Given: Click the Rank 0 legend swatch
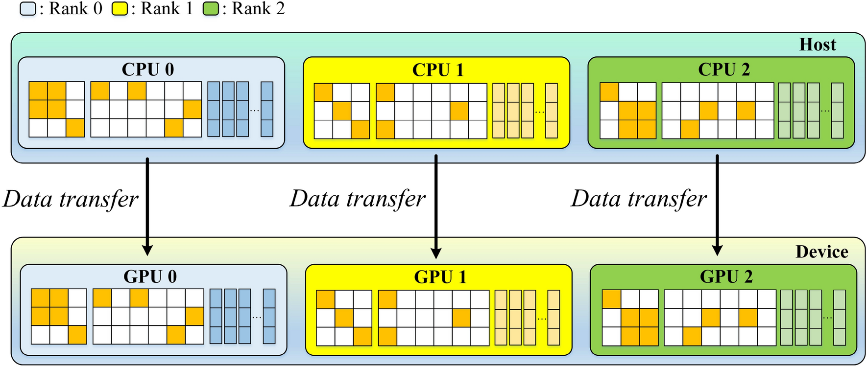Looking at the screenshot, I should pos(28,9).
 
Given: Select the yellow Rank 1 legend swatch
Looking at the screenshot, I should pos(120,9).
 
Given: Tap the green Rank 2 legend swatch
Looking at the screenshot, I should pos(211,9).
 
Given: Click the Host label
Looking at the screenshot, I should pos(817,45).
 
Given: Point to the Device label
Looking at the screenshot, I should pos(821,252).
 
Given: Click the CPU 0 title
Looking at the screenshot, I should pos(147,69).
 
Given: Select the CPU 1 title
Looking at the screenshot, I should pos(437,70).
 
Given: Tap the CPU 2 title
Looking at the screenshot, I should pos(723,69).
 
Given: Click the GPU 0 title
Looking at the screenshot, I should pos(150,276).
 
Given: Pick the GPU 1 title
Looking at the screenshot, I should pos(440,277).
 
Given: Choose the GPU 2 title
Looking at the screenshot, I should pos(726,276).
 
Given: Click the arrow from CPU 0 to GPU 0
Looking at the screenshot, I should pos(147,206).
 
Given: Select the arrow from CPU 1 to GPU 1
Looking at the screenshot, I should pos(436,206).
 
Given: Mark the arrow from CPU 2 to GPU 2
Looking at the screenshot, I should pos(717,206).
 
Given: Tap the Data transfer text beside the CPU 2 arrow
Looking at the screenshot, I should pos(638,199).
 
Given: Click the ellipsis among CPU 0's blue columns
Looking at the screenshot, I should pos(255,111).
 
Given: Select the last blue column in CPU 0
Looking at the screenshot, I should pos(267,109).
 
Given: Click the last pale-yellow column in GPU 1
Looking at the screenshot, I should pos(554,318).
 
